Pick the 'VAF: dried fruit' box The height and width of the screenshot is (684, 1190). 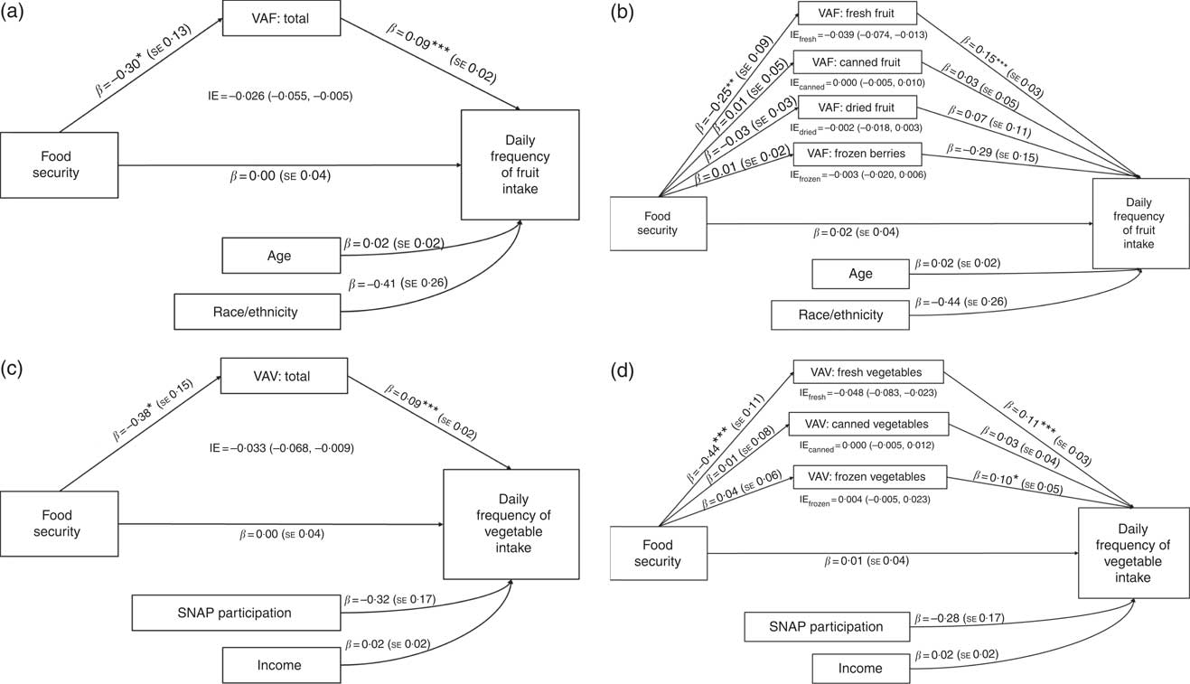click(x=858, y=109)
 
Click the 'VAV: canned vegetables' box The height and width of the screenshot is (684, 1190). click(x=869, y=424)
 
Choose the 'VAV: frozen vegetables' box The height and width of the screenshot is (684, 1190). click(x=869, y=476)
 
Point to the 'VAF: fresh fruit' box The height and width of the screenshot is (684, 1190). click(x=857, y=13)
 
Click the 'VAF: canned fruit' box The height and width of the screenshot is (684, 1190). click(x=858, y=62)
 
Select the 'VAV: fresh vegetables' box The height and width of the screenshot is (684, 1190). click(x=869, y=371)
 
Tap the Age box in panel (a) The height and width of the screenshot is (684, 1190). click(x=280, y=256)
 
